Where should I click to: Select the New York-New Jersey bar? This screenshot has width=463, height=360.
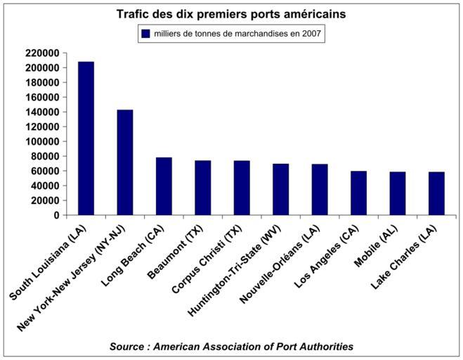tap(125, 162)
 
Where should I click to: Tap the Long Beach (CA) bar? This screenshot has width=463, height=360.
tap(164, 186)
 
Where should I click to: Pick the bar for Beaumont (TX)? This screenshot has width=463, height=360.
tap(203, 188)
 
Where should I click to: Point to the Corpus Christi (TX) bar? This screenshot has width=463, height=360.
tap(242, 188)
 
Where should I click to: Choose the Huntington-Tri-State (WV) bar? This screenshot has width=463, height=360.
tap(281, 189)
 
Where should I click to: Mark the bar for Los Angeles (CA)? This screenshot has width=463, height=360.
tap(359, 193)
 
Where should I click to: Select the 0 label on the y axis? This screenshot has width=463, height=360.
tap(56, 215)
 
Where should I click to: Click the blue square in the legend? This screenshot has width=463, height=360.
tap(146, 33)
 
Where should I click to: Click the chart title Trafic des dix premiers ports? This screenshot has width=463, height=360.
tap(231, 13)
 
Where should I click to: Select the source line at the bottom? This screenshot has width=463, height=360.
tap(231, 346)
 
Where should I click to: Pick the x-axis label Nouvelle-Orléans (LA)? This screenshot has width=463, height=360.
tap(281, 264)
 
